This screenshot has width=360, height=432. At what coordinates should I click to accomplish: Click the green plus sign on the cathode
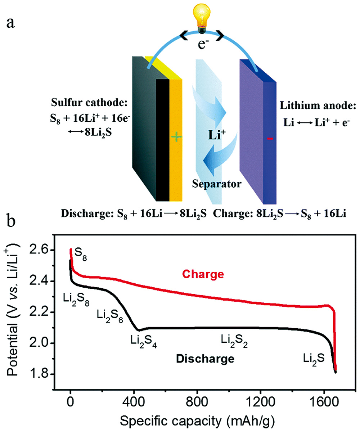176,138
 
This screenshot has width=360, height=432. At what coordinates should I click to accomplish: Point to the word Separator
216,184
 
